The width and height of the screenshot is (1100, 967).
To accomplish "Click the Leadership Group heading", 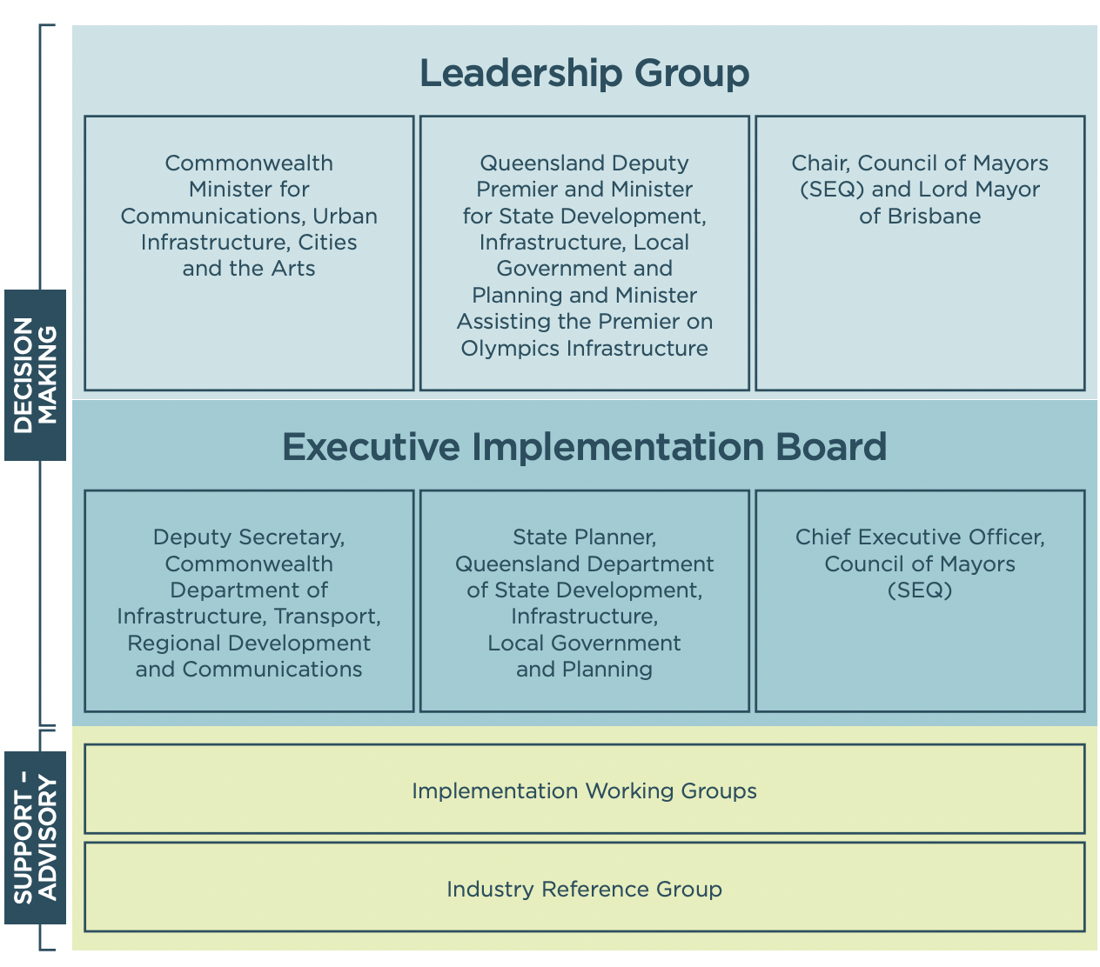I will [x=584, y=73].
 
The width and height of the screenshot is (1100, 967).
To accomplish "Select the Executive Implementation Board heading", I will [x=584, y=447].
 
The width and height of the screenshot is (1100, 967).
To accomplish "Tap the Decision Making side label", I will [x=36, y=375].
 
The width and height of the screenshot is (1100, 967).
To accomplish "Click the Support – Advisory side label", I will [x=36, y=838].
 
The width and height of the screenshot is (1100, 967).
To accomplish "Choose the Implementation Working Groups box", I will [x=584, y=790].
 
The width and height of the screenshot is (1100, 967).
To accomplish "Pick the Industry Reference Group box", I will [x=584, y=888].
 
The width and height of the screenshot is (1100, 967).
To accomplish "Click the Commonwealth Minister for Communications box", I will [x=249, y=253].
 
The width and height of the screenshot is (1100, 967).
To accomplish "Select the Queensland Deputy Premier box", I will [x=584, y=253].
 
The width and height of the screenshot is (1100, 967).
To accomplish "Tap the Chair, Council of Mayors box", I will [x=920, y=253].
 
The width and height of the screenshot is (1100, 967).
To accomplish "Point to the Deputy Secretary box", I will [x=249, y=601].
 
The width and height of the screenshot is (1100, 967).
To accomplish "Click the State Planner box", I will [x=584, y=601].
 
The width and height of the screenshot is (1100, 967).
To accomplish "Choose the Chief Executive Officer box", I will [x=920, y=601].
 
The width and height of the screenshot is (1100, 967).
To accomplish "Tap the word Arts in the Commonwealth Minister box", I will [x=293, y=269].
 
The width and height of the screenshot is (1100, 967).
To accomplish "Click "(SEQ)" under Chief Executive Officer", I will [x=920, y=590].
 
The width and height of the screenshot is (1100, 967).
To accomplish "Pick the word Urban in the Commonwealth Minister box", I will [x=345, y=217].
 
